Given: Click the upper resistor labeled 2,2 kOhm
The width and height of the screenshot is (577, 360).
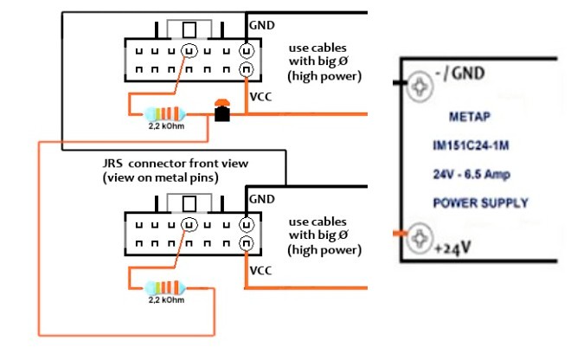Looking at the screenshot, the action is pos(165,114).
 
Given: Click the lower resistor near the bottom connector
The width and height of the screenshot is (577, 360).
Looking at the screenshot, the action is pos(165,288).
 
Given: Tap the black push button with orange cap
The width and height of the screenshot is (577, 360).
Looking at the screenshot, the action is pos(222,110).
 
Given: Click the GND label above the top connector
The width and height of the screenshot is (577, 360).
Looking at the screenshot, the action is pos(262,25).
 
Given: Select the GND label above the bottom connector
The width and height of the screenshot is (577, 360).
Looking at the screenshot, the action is pos(262,199).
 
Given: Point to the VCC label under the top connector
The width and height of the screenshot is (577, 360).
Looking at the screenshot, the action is pos(261,97).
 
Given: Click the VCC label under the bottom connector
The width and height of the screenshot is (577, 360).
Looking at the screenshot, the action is pos(261,271).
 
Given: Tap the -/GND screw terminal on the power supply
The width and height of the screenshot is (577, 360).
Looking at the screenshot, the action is pos(420,87).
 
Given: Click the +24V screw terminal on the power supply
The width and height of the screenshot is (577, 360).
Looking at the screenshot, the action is pos(420,238).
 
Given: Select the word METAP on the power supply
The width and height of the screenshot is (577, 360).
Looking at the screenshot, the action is pos(470,117).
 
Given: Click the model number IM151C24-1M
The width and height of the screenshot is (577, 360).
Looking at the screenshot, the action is pos(471,145).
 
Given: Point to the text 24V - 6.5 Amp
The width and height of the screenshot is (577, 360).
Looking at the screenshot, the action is pos(471,174).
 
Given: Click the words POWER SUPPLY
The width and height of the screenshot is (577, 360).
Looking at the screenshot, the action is pos(481,202).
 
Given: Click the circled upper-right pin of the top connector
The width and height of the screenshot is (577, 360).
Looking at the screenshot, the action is pos(247,51).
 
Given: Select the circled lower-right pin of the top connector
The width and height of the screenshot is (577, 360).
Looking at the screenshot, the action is pos(247,69).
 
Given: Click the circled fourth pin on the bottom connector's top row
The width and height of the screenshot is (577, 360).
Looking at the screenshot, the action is pos(189,224).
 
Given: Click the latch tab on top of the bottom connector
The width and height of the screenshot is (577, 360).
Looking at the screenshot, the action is pos(189,202).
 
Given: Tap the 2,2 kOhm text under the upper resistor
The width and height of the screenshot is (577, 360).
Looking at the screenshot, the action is pos(166,126).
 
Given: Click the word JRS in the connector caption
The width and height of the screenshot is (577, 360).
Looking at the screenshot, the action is pos(112,163).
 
